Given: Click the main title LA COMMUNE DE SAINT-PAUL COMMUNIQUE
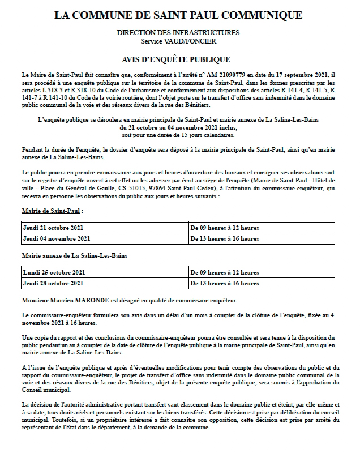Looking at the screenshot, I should click(x=178, y=15).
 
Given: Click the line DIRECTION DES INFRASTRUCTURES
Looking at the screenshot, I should click(x=178, y=33).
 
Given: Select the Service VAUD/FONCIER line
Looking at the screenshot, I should click(x=178, y=41).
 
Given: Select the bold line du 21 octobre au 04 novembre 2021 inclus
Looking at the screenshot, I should click(x=178, y=128).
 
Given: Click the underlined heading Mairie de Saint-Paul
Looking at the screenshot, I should click(x=52, y=211).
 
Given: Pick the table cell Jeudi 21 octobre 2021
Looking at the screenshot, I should click(x=57, y=228).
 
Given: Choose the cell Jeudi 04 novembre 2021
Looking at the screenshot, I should click(x=57, y=238).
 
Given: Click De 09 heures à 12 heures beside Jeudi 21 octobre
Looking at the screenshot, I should click(x=225, y=228).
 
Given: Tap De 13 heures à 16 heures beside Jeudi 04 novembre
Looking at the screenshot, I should click(x=225, y=238).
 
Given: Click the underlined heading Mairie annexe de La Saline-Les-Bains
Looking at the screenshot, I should click(x=74, y=256).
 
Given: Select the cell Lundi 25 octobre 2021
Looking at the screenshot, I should click(x=57, y=272).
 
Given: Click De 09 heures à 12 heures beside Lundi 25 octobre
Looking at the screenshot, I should click(x=225, y=272).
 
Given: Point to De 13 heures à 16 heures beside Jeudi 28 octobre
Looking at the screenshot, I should click(x=225, y=283).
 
